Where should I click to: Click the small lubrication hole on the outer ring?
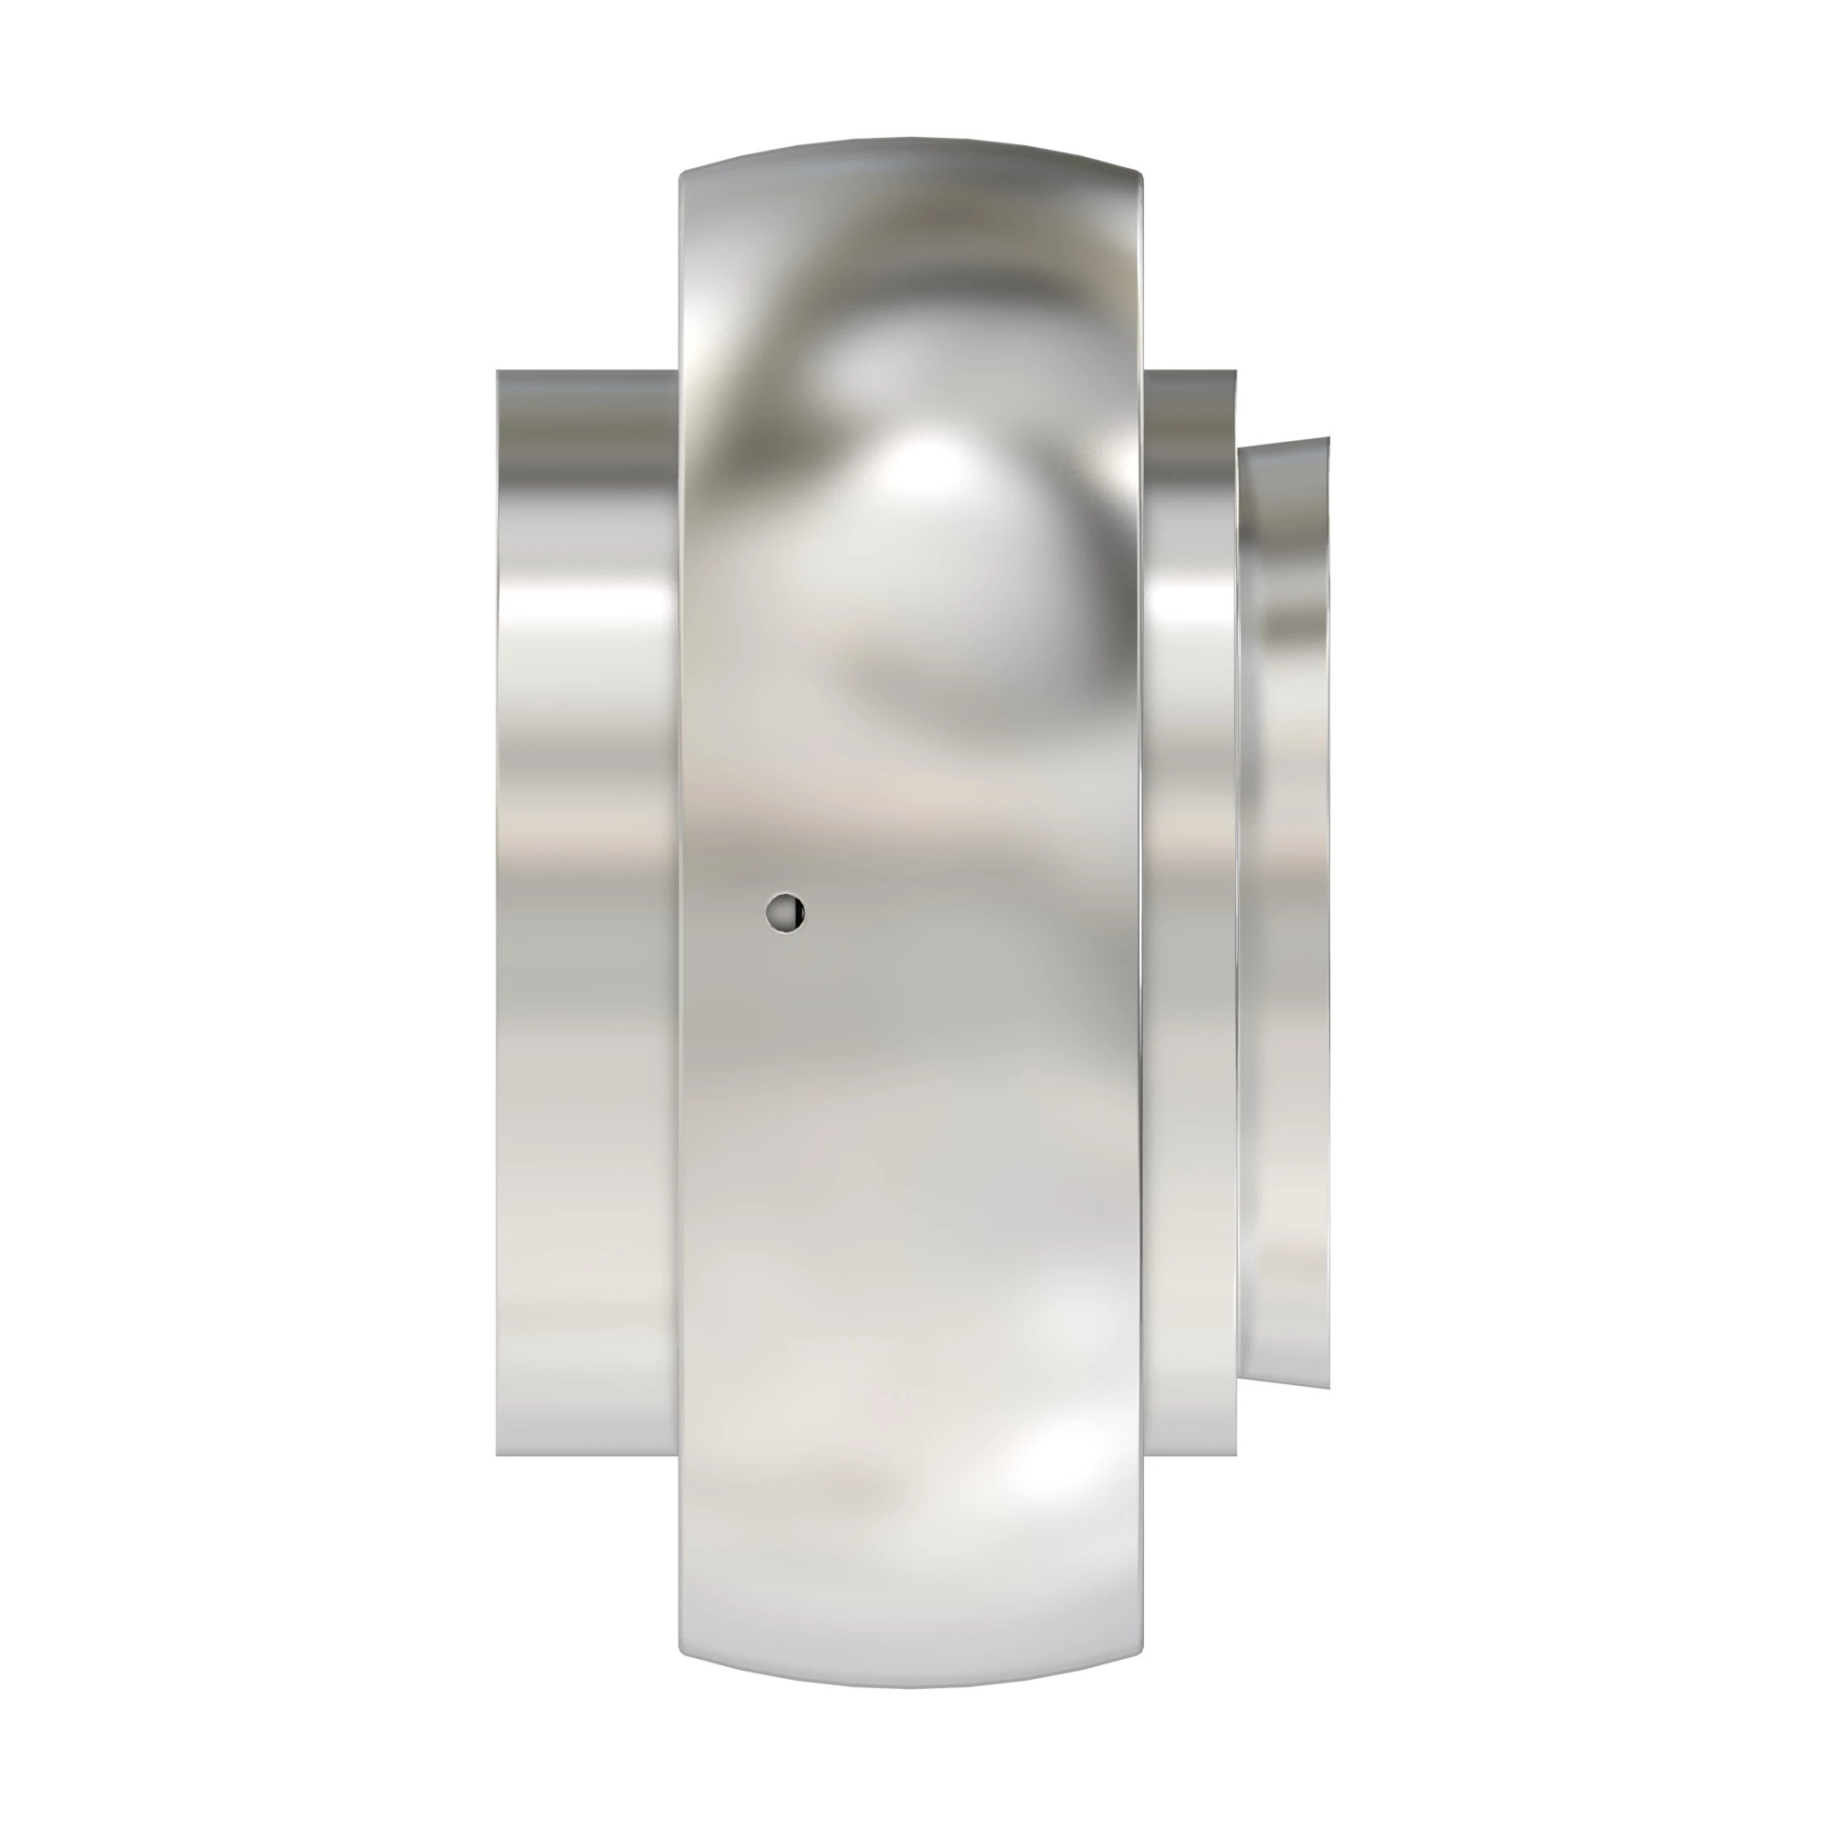tap(784, 912)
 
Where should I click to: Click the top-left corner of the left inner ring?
tap(498, 372)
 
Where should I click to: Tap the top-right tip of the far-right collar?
tap(1328, 438)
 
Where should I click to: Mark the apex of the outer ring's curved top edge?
tap(912, 138)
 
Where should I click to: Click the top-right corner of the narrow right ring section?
tap(1234, 373)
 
